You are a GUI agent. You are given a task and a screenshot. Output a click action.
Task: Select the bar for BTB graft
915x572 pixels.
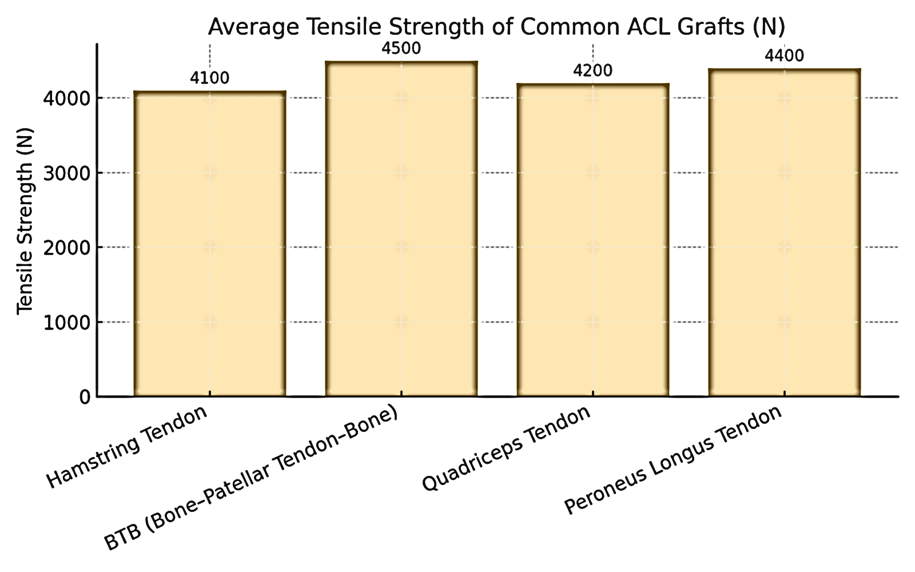(x=401, y=229)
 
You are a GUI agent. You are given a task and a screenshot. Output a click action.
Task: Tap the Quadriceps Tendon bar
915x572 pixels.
(x=593, y=240)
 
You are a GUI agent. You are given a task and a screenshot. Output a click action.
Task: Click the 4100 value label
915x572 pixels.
(x=210, y=78)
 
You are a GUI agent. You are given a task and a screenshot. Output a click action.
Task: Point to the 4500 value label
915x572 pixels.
(x=401, y=49)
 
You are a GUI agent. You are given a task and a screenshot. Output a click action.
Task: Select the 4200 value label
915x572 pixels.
(x=593, y=71)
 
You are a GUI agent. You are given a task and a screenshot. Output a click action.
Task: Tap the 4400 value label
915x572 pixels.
(x=784, y=56)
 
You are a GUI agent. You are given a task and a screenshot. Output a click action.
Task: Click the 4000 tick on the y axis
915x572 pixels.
(x=67, y=98)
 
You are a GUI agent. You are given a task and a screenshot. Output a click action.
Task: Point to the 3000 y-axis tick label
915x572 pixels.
(x=67, y=173)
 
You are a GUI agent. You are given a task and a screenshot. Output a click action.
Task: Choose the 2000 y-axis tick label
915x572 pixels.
(x=67, y=248)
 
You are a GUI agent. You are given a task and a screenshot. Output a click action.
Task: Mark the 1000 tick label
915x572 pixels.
(x=67, y=323)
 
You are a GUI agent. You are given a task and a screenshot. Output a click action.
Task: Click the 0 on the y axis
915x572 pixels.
(x=85, y=397)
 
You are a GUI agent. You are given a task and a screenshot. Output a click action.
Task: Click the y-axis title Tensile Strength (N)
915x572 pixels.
(x=25, y=220)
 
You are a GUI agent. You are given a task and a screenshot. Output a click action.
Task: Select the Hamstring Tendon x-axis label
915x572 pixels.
(x=127, y=448)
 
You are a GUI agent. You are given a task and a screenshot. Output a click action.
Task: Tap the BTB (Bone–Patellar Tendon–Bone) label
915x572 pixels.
(x=252, y=479)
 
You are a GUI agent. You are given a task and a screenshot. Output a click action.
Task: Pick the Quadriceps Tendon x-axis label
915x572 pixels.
(x=506, y=448)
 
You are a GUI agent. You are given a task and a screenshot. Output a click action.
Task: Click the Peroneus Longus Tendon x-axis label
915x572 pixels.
(x=673, y=460)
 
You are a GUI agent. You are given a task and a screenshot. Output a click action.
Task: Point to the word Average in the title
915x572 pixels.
(x=253, y=27)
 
